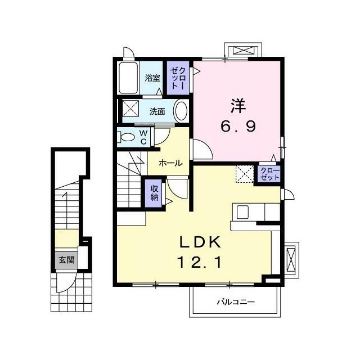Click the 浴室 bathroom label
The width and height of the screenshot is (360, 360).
[152, 78]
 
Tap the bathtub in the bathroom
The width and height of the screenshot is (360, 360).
[129, 78]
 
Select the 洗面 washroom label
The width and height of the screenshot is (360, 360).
[157, 111]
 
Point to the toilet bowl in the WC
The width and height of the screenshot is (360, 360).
[126, 137]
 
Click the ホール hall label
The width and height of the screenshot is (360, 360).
[170, 163]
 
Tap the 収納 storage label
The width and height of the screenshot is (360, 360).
[155, 193]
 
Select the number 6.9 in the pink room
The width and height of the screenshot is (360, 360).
[238, 126]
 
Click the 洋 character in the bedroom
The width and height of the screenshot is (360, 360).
[238, 106]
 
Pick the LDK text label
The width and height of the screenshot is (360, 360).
[200, 242]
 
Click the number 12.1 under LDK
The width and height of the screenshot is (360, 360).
[200, 263]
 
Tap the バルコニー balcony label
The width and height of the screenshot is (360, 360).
[236, 302]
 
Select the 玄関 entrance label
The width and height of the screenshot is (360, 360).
[66, 260]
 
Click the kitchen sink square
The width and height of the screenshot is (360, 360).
[242, 212]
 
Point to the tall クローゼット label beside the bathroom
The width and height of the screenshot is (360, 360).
[178, 78]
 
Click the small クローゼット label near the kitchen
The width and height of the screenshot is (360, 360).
[271, 174]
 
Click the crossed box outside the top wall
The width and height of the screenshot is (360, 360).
[244, 51]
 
